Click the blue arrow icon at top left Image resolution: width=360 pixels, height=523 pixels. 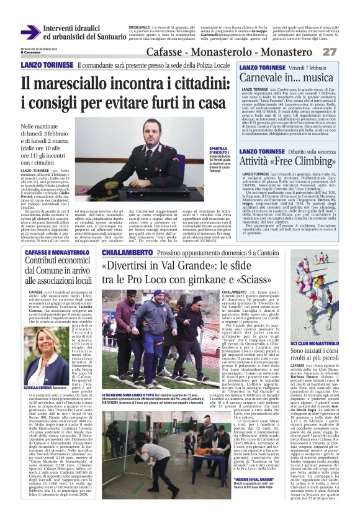(29, 33)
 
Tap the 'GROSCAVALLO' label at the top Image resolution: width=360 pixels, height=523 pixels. (140, 28)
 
